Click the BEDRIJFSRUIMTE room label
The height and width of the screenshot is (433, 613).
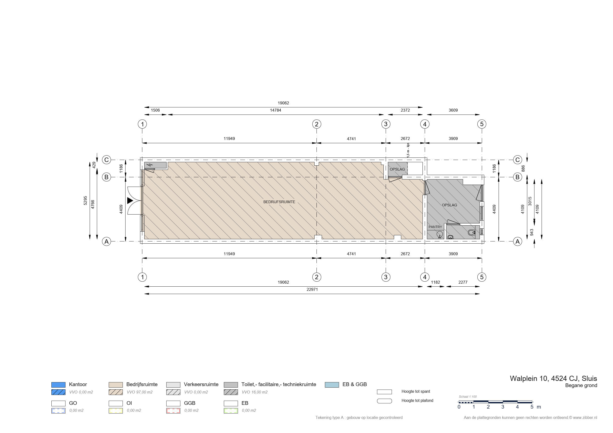tap(279, 202)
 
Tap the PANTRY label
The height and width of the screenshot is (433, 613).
tap(435, 227)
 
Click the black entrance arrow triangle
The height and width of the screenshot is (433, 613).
tap(130, 200)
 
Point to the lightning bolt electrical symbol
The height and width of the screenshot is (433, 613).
tap(150, 165)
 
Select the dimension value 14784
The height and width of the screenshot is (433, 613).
tap(275, 110)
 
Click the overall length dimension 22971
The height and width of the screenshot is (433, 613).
tap(312, 290)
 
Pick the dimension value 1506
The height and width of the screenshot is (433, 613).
tap(155, 110)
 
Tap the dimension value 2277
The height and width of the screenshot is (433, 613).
tap(463, 282)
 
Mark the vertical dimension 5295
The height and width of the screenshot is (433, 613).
tap(85, 201)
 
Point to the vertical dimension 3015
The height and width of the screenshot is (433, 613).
tap(530, 201)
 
